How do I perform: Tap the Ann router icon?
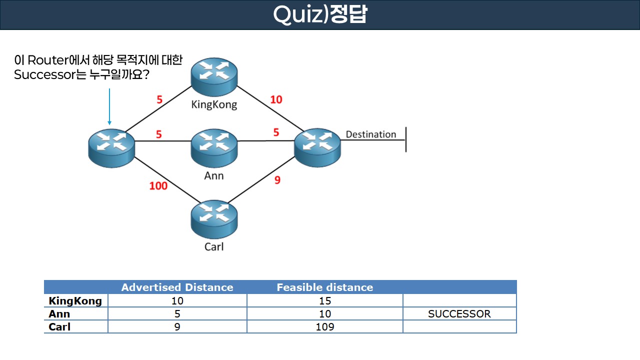tap(214, 147)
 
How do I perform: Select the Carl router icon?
tap(214, 219)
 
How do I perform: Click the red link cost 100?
tap(158, 186)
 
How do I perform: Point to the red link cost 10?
tap(276, 99)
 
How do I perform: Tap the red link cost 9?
tap(277, 179)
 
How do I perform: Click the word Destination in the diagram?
tap(370, 134)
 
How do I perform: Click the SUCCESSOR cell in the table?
tap(459, 314)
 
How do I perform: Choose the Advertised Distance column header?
tap(177, 287)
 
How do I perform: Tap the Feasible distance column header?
tap(324, 287)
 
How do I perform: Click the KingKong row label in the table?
tap(75, 300)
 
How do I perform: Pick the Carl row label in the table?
tap(59, 327)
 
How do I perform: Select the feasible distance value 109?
tap(324, 327)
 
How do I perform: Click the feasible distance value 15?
tap(324, 300)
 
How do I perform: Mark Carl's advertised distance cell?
tap(177, 327)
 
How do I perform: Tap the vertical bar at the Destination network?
tap(405, 139)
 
